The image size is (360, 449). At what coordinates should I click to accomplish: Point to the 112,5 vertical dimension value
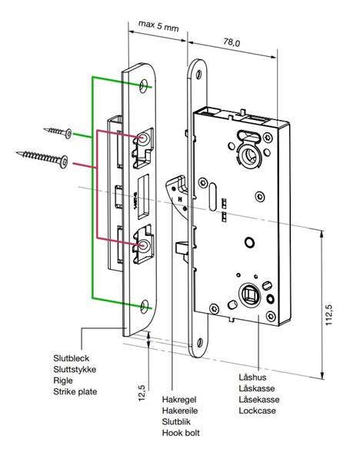[x=329, y=314]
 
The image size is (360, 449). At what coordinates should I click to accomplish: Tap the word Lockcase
[x=258, y=411]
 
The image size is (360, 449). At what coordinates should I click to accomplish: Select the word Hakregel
[x=180, y=400]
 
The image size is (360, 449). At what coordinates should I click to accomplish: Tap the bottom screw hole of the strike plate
[x=145, y=305]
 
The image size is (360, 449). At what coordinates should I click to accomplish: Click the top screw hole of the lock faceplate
[x=202, y=75]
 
